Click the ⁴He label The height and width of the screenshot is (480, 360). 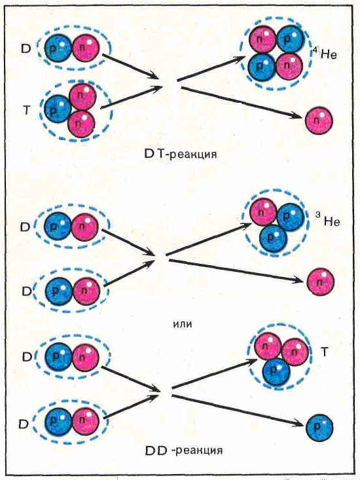point(325,54)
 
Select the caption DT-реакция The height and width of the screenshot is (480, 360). point(181,153)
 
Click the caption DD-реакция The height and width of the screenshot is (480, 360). point(183,450)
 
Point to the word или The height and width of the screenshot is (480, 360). point(183,323)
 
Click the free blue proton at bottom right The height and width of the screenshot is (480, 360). point(319,428)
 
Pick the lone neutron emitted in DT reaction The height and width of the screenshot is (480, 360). point(319,120)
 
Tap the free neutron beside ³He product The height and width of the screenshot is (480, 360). point(321,282)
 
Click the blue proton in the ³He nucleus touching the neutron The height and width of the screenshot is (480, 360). point(291,217)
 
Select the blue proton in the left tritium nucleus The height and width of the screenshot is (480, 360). point(58,109)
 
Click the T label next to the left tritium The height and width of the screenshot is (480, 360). point(27,110)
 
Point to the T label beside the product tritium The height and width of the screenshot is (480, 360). point(324,352)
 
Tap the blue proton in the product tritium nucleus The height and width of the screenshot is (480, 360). point(276,371)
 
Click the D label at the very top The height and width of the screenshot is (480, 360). point(26,49)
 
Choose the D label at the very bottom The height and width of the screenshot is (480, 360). point(24,424)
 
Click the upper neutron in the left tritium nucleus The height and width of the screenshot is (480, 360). point(82,97)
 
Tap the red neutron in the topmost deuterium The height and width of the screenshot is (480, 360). point(86,48)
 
